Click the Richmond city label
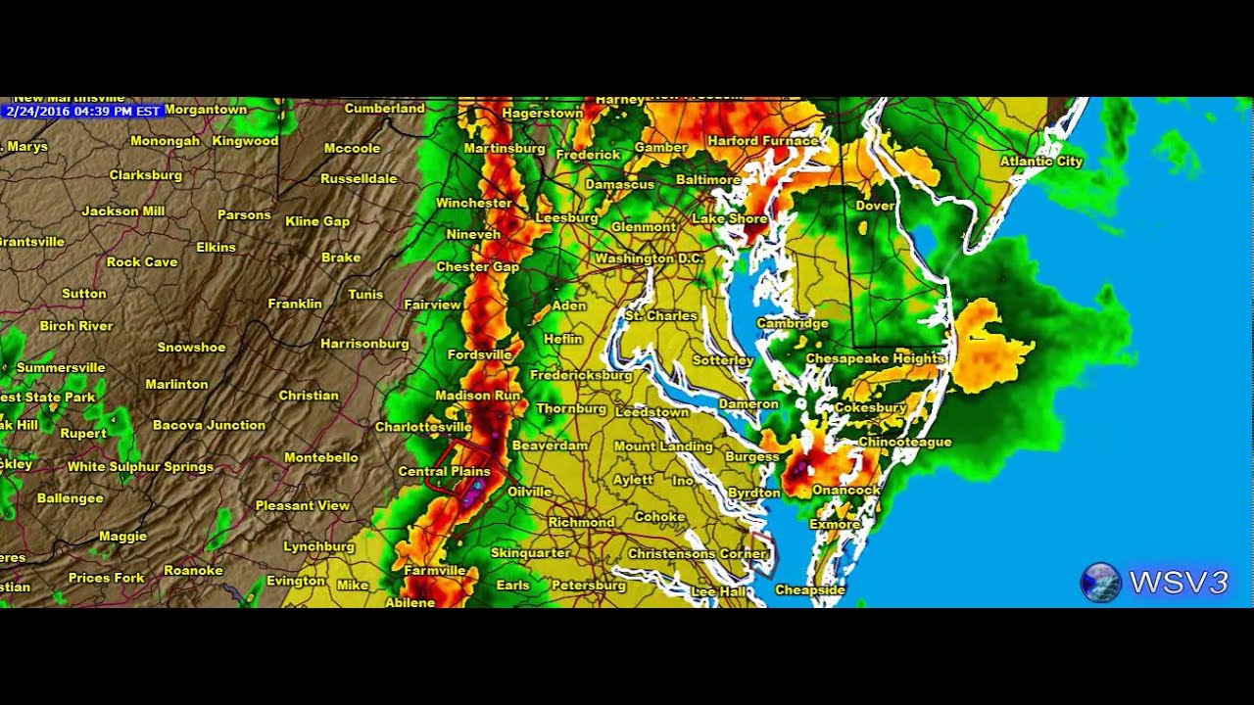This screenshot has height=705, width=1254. pos(581,522)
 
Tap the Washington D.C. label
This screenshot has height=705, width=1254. pos(649,258)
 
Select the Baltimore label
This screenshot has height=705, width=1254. pos(708,180)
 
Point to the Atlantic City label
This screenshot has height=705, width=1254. pos(1040,162)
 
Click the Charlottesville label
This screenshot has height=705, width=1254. pos(423,427)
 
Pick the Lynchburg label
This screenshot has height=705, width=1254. pos(318,546)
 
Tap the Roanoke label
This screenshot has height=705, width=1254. pos(193,570)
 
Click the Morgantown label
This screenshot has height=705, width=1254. pos(206,110)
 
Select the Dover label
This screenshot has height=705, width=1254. pos(875,206)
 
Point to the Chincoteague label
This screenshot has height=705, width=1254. pos(904,443)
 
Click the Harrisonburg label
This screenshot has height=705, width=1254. pos(364,344)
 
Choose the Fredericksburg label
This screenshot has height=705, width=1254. pos(581,375)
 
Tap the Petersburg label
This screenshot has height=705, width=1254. pos(588,586)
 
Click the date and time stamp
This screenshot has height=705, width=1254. pos(82,111)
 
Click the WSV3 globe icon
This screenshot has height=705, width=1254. pos(1100,582)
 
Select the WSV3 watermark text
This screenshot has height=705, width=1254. pos(1178,583)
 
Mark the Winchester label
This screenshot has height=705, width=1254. pos(474,203)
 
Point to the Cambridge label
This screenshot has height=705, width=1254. pos(793,323)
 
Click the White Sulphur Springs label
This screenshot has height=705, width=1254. pos(140,467)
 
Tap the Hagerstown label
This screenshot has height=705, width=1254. pos(543,114)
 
